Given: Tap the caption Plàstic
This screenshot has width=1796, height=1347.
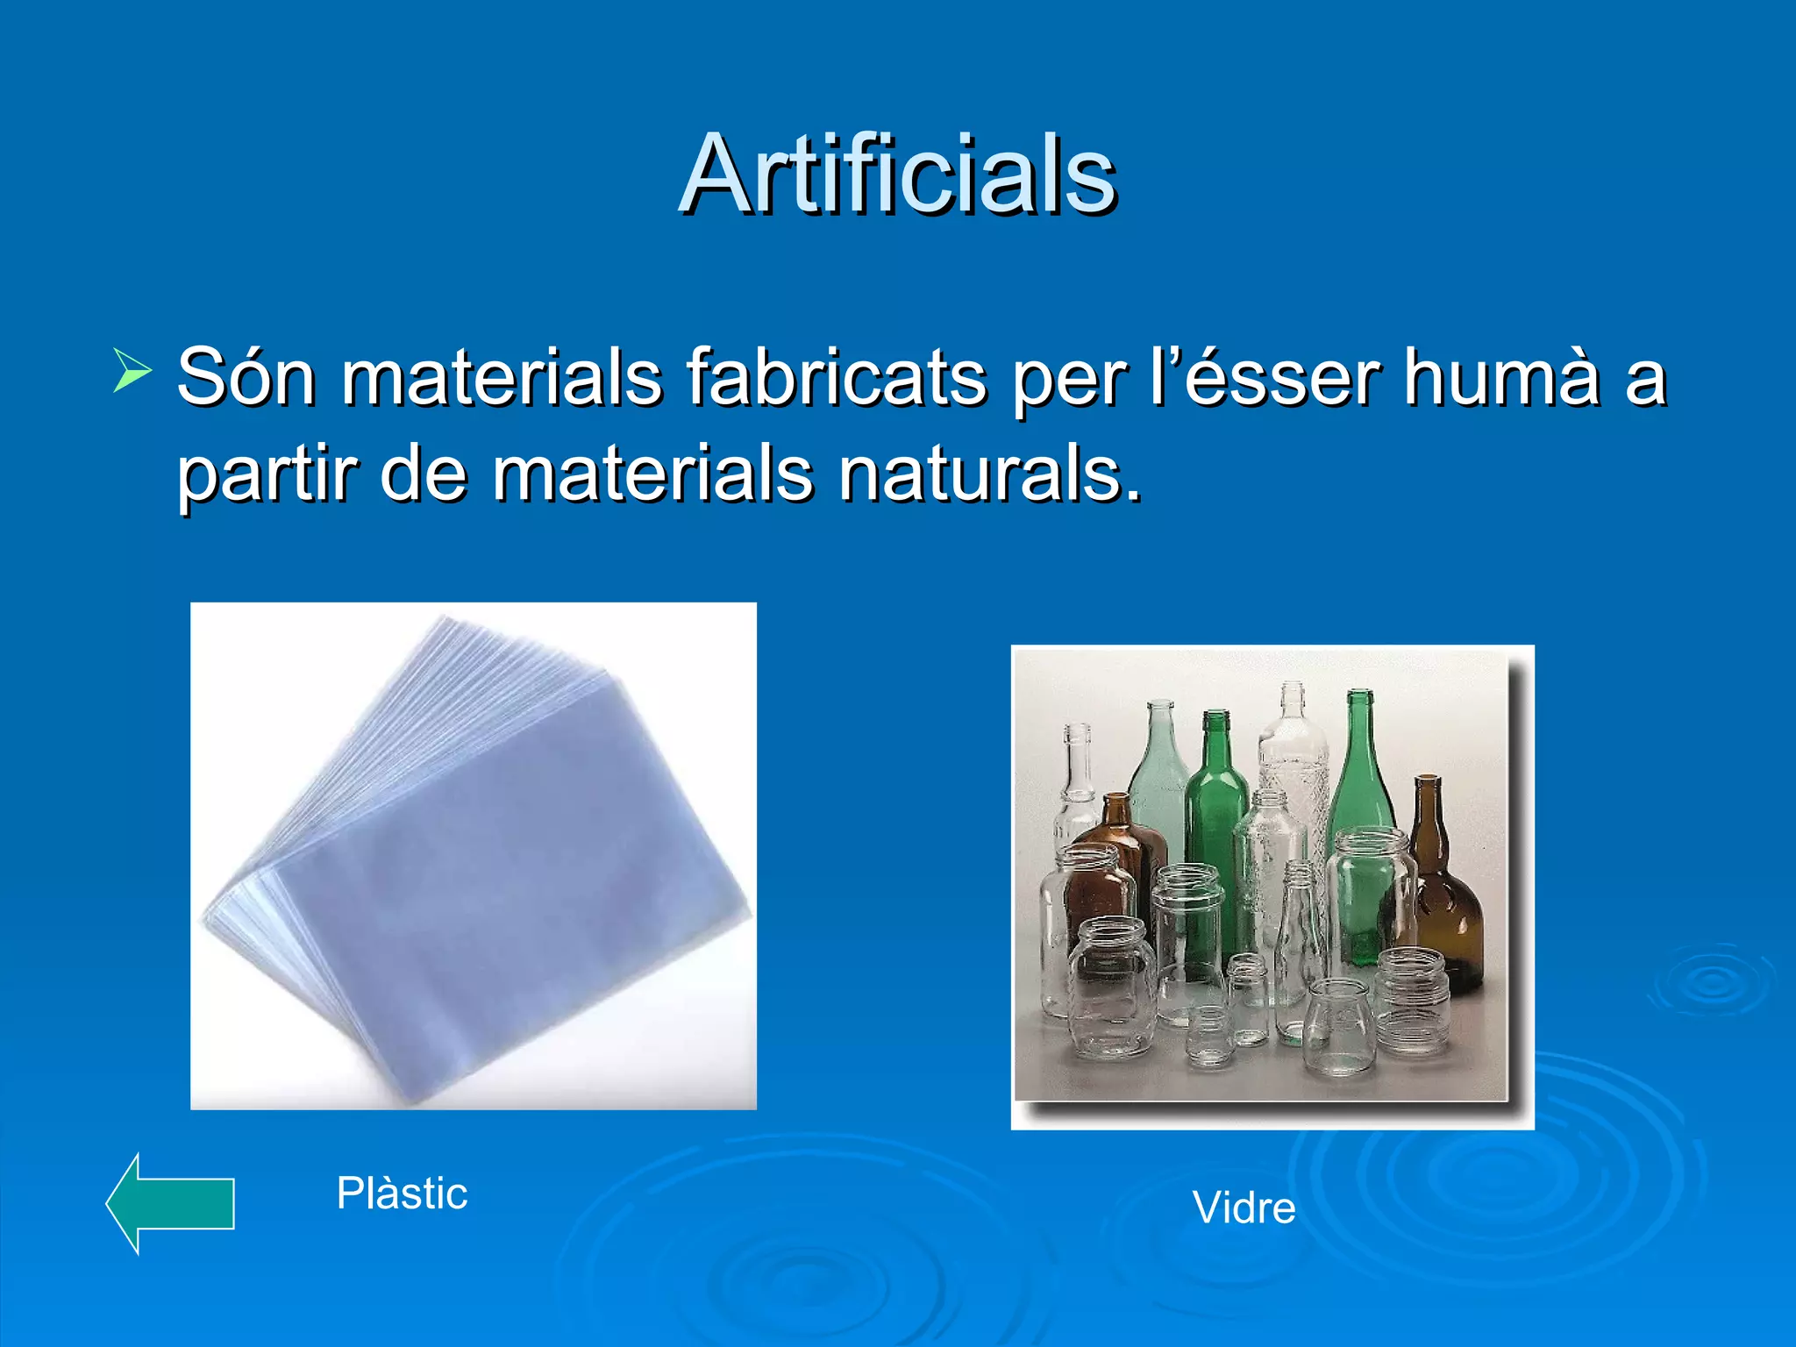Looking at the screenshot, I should [x=403, y=1193].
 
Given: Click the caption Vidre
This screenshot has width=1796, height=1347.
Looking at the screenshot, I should [x=1244, y=1208].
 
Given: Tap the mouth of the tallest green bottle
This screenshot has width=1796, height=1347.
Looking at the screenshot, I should [x=1359, y=696].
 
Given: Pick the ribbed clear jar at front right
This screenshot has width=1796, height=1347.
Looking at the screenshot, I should [x=1412, y=1000].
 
